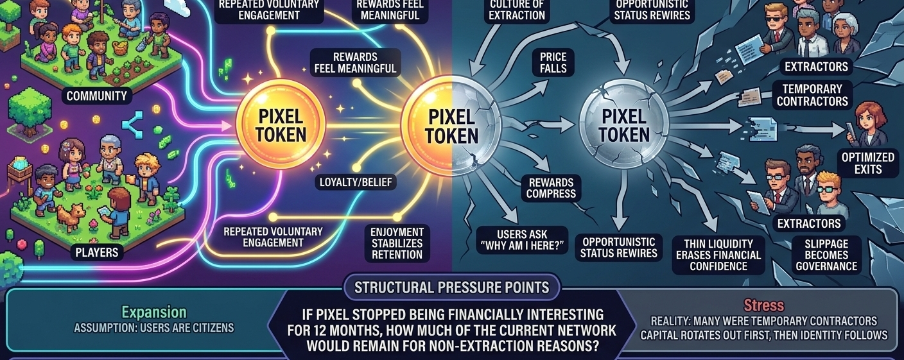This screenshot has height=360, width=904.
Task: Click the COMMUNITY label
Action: click(96, 97)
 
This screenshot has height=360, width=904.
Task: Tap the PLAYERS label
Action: click(97, 252)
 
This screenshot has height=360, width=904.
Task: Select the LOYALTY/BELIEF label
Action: click(356, 182)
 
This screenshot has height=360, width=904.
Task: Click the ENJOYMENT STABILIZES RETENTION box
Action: click(397, 243)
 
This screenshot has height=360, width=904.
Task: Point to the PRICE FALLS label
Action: click(553, 63)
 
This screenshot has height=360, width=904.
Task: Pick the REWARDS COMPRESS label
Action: click(553, 188)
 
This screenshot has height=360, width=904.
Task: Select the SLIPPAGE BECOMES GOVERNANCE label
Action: click(826, 255)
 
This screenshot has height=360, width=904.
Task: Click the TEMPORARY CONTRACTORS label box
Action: click(812, 95)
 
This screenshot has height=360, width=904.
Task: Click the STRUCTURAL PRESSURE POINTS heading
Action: click(452, 287)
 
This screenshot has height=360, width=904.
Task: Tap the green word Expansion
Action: click(154, 313)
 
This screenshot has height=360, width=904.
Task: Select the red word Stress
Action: click(764, 305)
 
